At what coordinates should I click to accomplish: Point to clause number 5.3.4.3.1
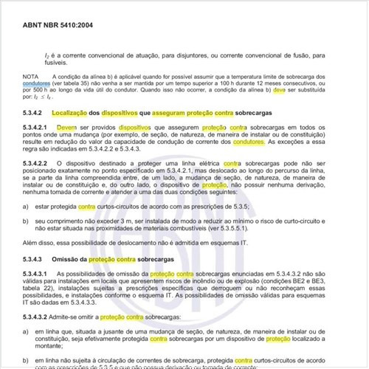pos(38,276)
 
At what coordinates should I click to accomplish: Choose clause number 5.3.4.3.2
pos(38,316)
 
